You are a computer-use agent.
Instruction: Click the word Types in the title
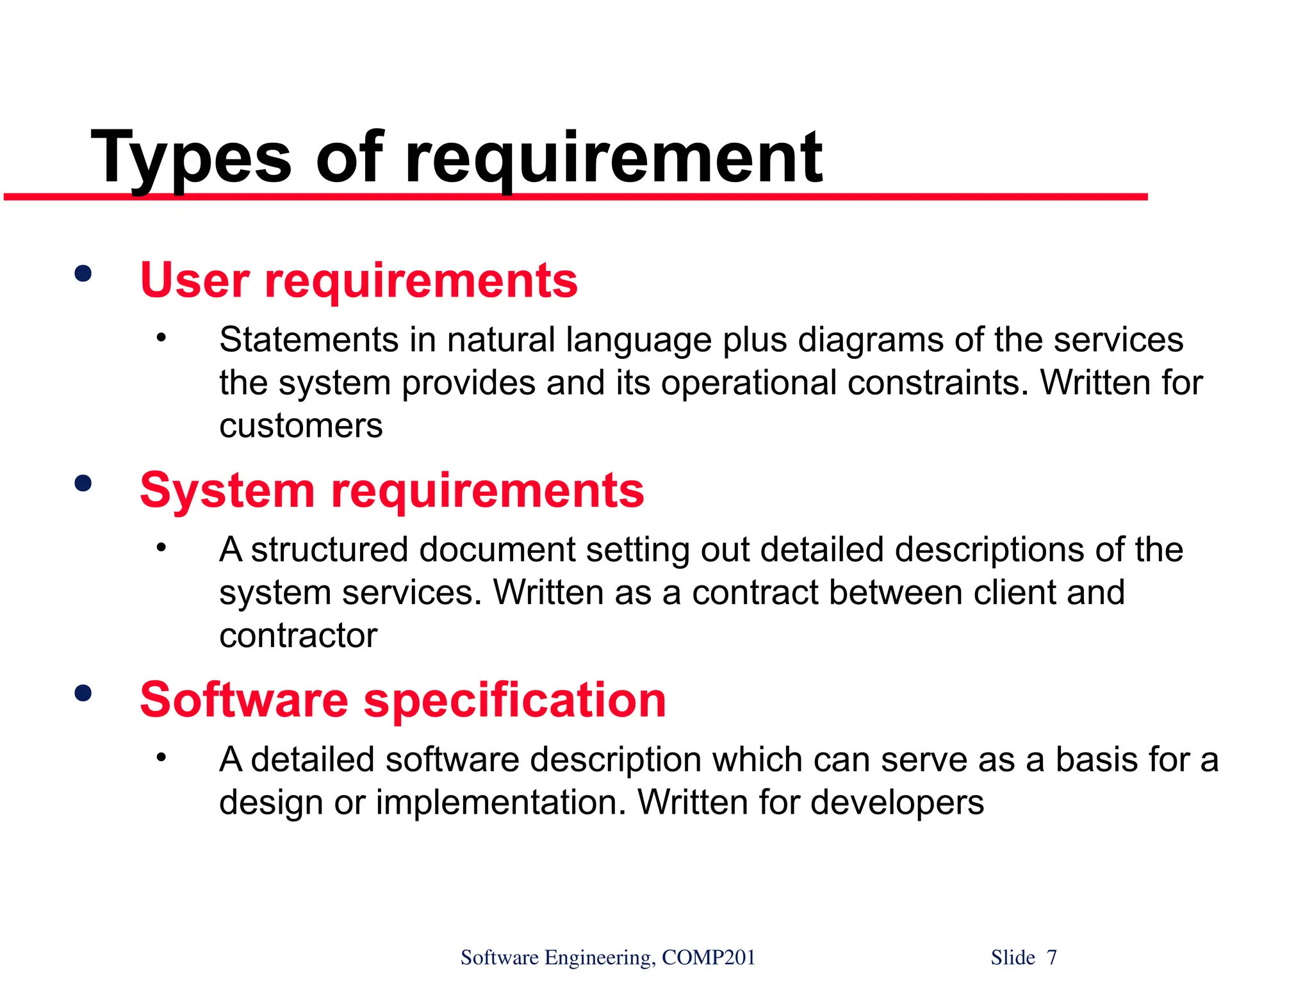[x=191, y=158]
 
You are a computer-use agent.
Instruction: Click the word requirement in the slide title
[x=614, y=158]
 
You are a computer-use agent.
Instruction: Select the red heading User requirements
[x=359, y=281]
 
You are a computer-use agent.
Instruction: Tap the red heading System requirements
[x=392, y=491]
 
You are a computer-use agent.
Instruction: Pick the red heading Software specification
[x=403, y=700]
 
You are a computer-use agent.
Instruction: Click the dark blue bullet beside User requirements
[x=83, y=274]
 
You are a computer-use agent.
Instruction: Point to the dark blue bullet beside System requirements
[x=83, y=484]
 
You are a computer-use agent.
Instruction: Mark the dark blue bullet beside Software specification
[x=83, y=693]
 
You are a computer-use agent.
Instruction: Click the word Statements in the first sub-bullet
[x=309, y=340]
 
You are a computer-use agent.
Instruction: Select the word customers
[x=301, y=426]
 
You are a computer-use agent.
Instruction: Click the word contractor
[x=298, y=635]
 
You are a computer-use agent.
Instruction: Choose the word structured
[x=329, y=550]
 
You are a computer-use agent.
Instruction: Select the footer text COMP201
[x=709, y=958]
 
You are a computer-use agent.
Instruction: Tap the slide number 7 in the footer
[x=1052, y=958]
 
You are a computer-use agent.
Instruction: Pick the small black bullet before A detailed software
[x=161, y=757]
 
